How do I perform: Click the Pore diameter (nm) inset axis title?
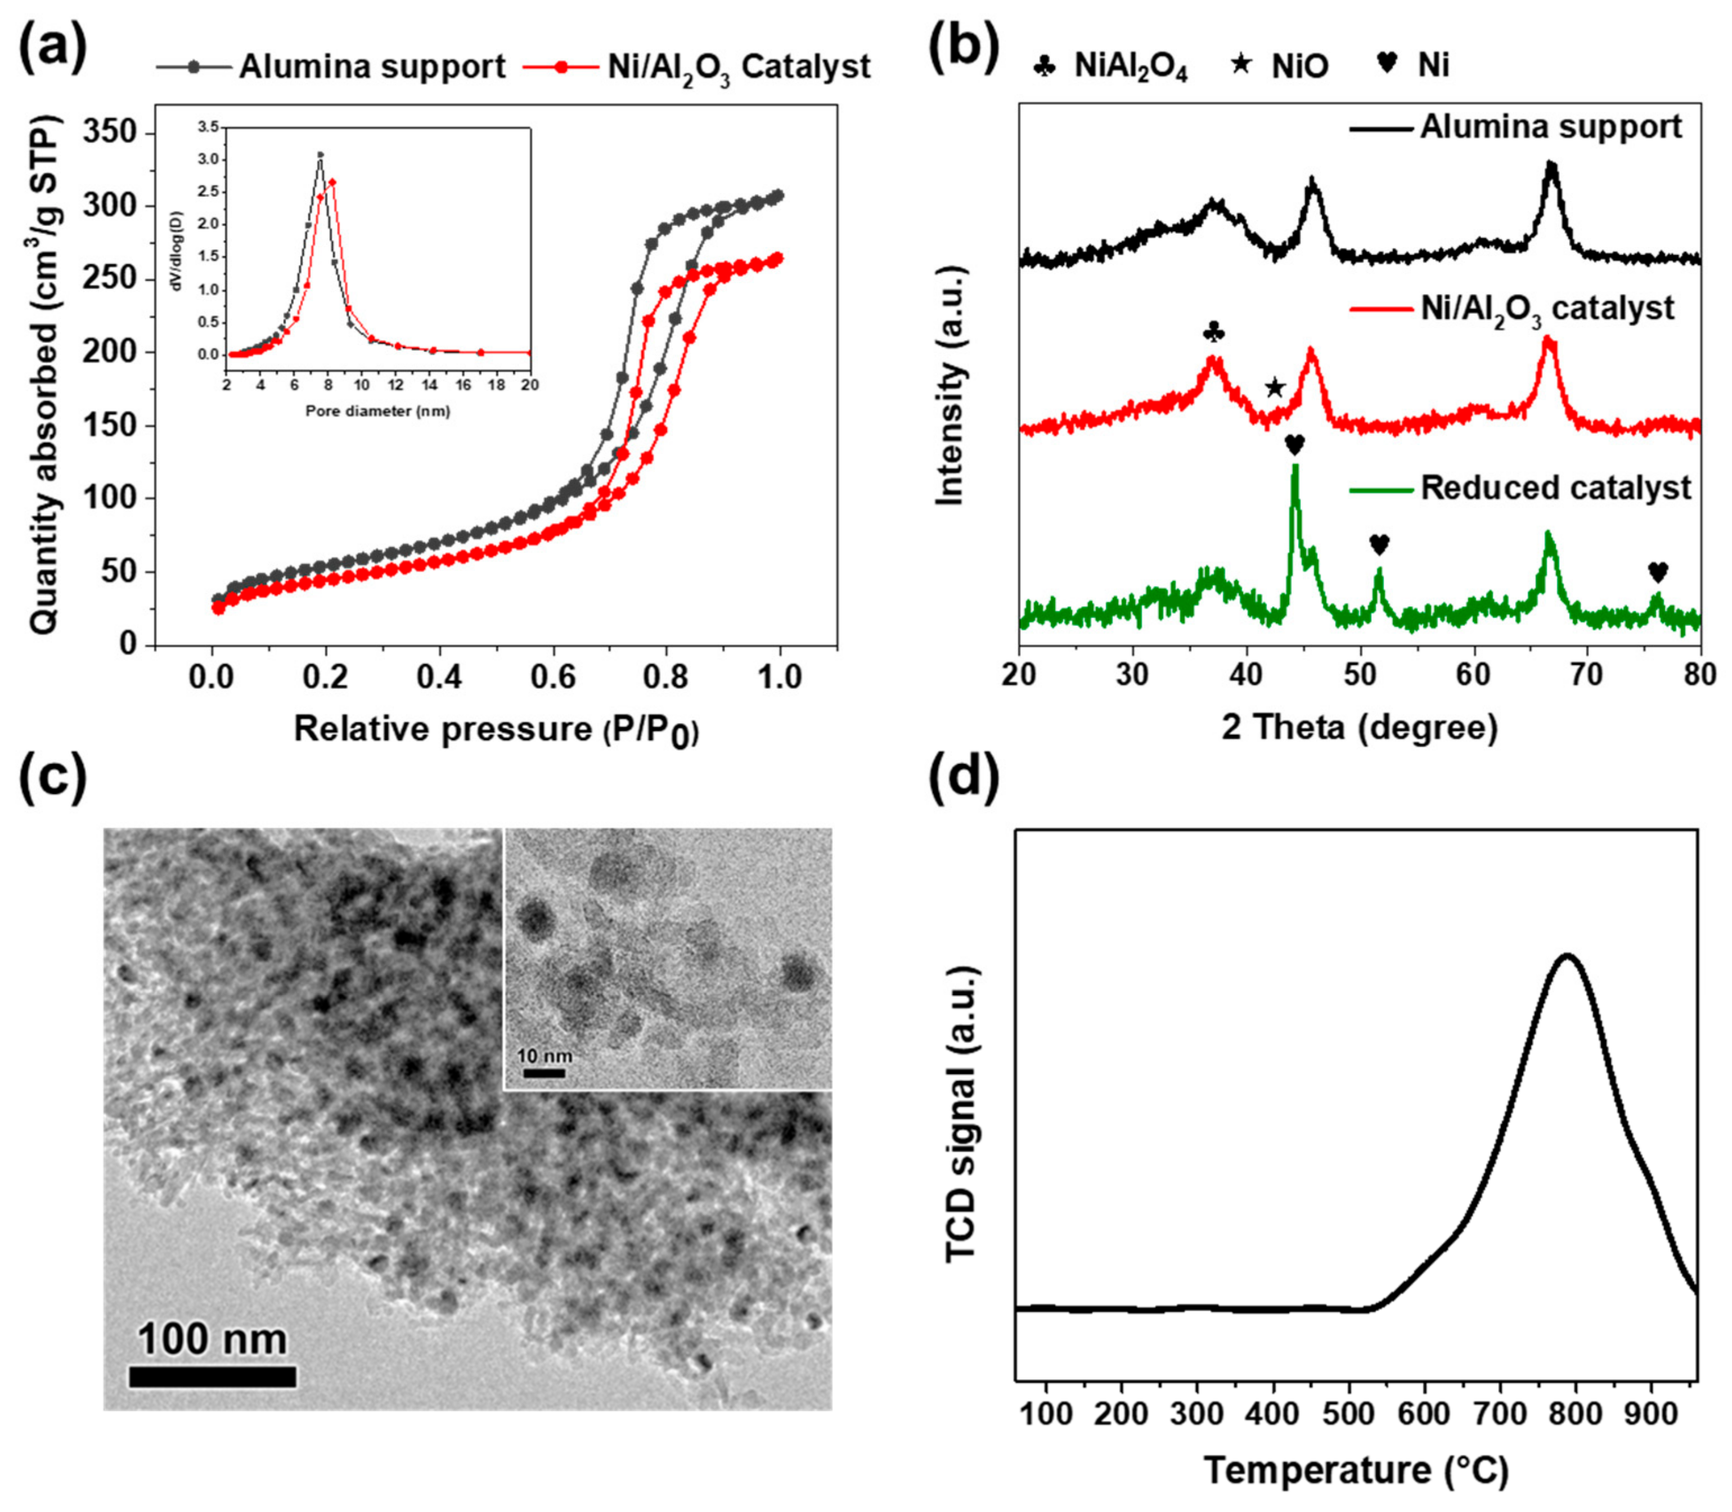click(x=377, y=411)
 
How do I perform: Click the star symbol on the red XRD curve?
click(x=1275, y=388)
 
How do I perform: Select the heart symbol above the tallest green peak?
click(x=1294, y=444)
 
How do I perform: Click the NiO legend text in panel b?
click(x=1300, y=66)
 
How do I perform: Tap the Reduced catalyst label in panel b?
click(x=1555, y=488)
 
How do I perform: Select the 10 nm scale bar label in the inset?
click(x=543, y=1055)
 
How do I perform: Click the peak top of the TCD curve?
click(x=1567, y=955)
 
